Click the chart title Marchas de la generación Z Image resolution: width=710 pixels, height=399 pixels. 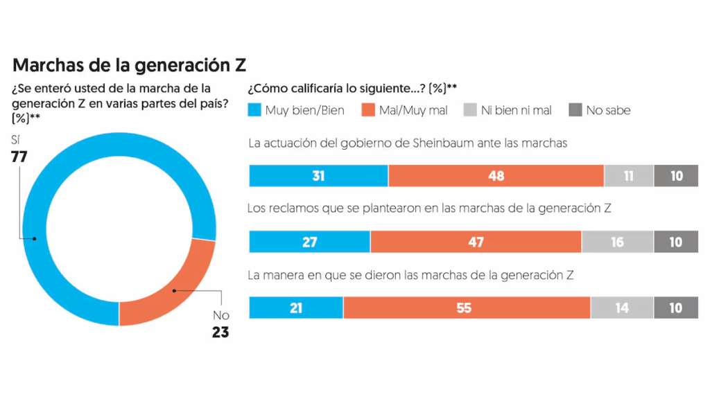click(130, 65)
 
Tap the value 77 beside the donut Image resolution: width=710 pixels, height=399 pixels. click(19, 157)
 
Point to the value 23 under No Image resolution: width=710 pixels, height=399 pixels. click(220, 332)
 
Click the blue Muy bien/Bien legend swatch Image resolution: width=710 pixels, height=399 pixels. click(254, 110)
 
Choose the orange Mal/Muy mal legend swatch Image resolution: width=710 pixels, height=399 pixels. click(367, 110)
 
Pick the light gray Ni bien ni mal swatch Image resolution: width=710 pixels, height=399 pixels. click(469, 110)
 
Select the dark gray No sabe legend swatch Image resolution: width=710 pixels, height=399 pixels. click(575, 110)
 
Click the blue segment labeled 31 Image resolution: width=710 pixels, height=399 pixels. click(318, 176)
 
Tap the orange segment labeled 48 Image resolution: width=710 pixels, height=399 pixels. click(496, 176)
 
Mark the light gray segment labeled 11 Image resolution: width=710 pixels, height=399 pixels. click(628, 176)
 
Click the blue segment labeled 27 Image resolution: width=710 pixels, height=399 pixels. click(309, 242)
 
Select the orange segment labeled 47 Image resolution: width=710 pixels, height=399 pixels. click(476, 242)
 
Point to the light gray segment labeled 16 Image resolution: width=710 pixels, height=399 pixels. click(617, 242)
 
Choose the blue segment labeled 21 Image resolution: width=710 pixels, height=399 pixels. click(296, 308)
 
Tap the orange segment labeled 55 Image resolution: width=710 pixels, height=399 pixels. click(466, 308)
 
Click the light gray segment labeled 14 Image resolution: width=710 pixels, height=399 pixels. click(622, 308)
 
